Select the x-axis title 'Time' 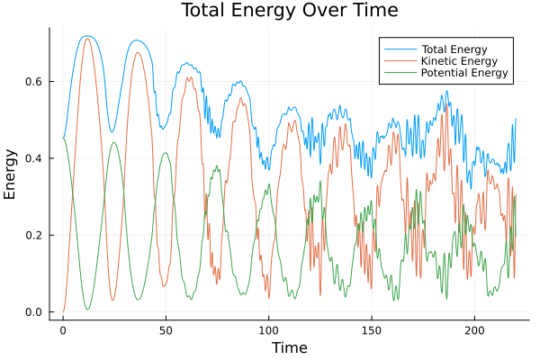289,347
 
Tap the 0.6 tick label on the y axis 33,82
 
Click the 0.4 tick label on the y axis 33,158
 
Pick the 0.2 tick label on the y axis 33,236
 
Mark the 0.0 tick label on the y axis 33,312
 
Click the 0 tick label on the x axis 63,330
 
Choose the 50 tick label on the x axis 166,330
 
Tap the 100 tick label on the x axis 268,330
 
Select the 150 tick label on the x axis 372,330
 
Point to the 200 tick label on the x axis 474,330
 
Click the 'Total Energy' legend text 454,47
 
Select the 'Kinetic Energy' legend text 458,59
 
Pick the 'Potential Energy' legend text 464,72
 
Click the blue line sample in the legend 400,47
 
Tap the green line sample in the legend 400,72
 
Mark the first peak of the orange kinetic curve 87,38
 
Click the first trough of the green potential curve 87,310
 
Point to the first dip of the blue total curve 112,132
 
